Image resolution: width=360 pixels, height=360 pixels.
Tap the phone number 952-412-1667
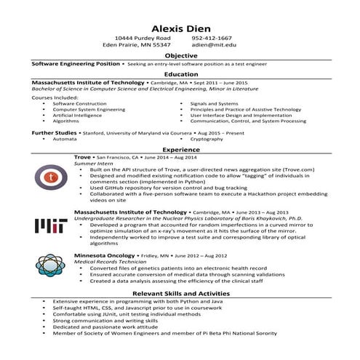(x=212, y=37)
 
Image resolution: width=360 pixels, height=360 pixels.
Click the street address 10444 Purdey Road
(x=143, y=37)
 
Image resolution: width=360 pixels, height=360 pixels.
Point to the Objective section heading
(x=180, y=55)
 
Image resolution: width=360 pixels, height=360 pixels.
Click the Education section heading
(x=180, y=74)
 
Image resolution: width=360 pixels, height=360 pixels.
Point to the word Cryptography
(x=207, y=139)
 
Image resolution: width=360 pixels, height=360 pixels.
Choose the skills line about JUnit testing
(x=116, y=314)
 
